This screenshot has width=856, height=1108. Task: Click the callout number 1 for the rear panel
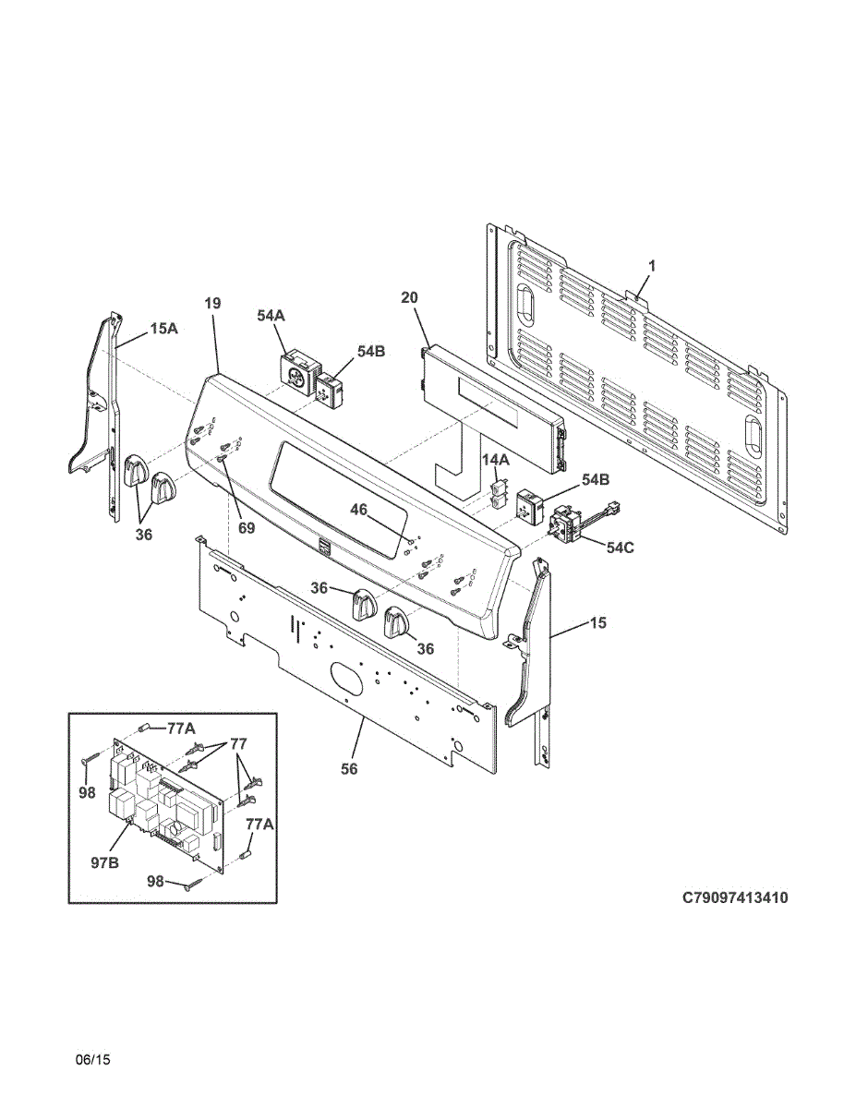point(651,266)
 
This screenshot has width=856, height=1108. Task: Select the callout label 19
point(213,303)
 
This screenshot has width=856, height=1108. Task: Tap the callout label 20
point(409,297)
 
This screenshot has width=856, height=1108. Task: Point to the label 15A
point(163,328)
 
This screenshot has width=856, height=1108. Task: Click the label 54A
point(271,316)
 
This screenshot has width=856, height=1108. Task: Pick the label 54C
point(621,548)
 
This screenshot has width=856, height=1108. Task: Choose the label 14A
point(496,459)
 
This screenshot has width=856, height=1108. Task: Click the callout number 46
point(357,509)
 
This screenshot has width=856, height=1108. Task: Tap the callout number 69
point(246,528)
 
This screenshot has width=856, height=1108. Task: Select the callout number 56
point(349,768)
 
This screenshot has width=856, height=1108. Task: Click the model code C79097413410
point(735,897)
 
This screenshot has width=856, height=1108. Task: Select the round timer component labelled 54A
point(297,375)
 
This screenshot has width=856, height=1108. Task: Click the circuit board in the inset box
point(166,803)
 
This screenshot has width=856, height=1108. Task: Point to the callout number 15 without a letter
point(598,623)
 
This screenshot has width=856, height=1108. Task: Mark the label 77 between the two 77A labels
point(237,743)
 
